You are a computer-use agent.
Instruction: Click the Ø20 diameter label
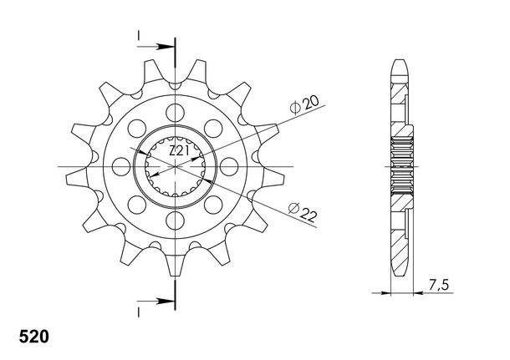[304, 104]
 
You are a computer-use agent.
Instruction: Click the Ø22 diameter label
[302, 212]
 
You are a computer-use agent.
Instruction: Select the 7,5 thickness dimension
[438, 285]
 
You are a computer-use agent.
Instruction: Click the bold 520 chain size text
[33, 337]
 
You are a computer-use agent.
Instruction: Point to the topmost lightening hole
[175, 113]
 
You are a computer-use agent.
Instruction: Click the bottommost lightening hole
[175, 221]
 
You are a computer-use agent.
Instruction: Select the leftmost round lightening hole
[121, 167]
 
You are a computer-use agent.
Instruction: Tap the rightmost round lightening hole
[229, 167]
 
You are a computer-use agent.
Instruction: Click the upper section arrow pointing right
[156, 47]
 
